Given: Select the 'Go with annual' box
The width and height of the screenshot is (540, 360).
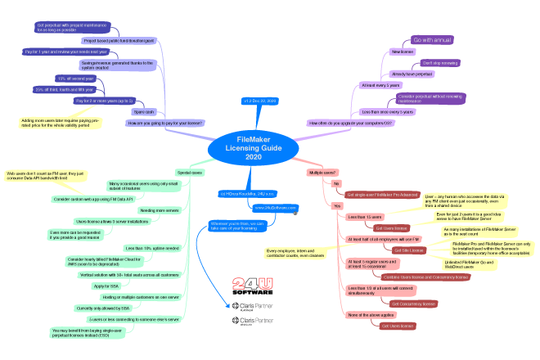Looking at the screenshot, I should pos(432,39).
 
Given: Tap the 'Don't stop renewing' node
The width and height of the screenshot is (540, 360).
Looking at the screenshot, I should pos(439,62).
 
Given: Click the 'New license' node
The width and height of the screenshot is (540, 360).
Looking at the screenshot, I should pos(403,52).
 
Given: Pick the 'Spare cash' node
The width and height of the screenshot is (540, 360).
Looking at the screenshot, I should pos(144,111).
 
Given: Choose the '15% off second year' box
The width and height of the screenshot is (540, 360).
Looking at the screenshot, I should pos(82,79).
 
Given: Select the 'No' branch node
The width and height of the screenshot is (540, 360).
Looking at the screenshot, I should pos(335,184).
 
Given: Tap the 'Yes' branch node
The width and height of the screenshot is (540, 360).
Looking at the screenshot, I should pos(336,206).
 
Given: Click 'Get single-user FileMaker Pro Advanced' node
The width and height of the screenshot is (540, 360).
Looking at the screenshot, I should pos(382,195).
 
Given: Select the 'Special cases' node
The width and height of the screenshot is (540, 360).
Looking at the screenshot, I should pos(190,173).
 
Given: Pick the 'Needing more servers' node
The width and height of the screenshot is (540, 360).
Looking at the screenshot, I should pos(159,210).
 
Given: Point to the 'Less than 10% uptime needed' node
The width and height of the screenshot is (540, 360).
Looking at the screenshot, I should pos(151,247).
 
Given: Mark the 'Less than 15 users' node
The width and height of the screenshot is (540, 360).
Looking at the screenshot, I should pos(364,217).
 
